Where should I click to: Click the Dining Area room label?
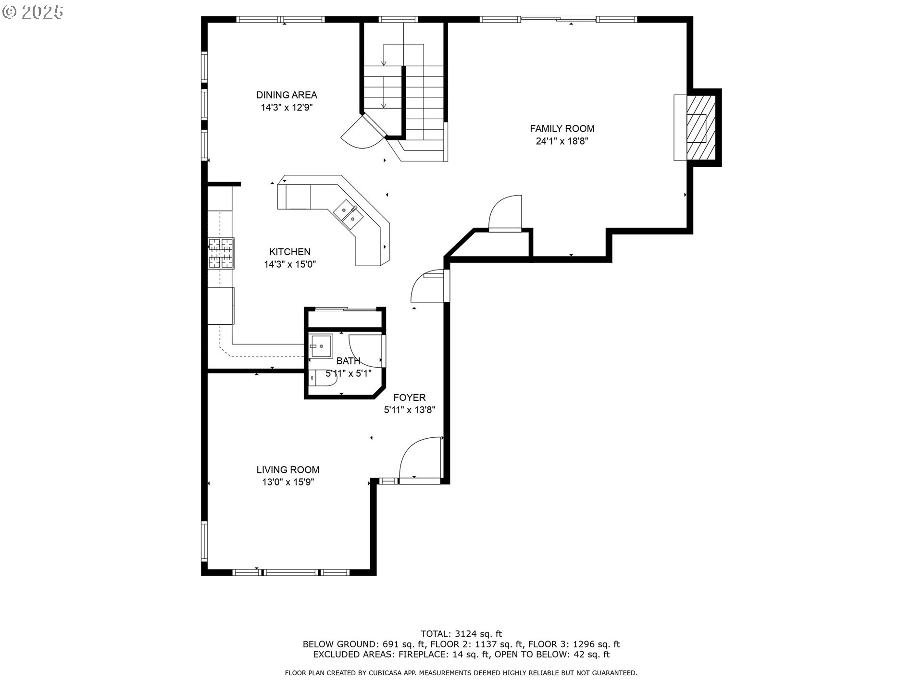[x=287, y=95]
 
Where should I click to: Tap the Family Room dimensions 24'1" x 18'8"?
[x=562, y=141]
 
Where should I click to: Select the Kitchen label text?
[x=289, y=252]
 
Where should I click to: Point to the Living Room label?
[x=288, y=470]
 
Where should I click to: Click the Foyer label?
[x=410, y=398]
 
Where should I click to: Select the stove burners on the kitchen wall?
[x=221, y=253]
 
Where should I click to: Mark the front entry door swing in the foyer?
[x=420, y=457]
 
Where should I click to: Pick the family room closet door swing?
[x=505, y=213]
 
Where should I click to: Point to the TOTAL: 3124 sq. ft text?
[x=461, y=634]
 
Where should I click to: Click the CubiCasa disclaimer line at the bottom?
[x=461, y=673]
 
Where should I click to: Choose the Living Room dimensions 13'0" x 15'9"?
[x=288, y=482]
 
